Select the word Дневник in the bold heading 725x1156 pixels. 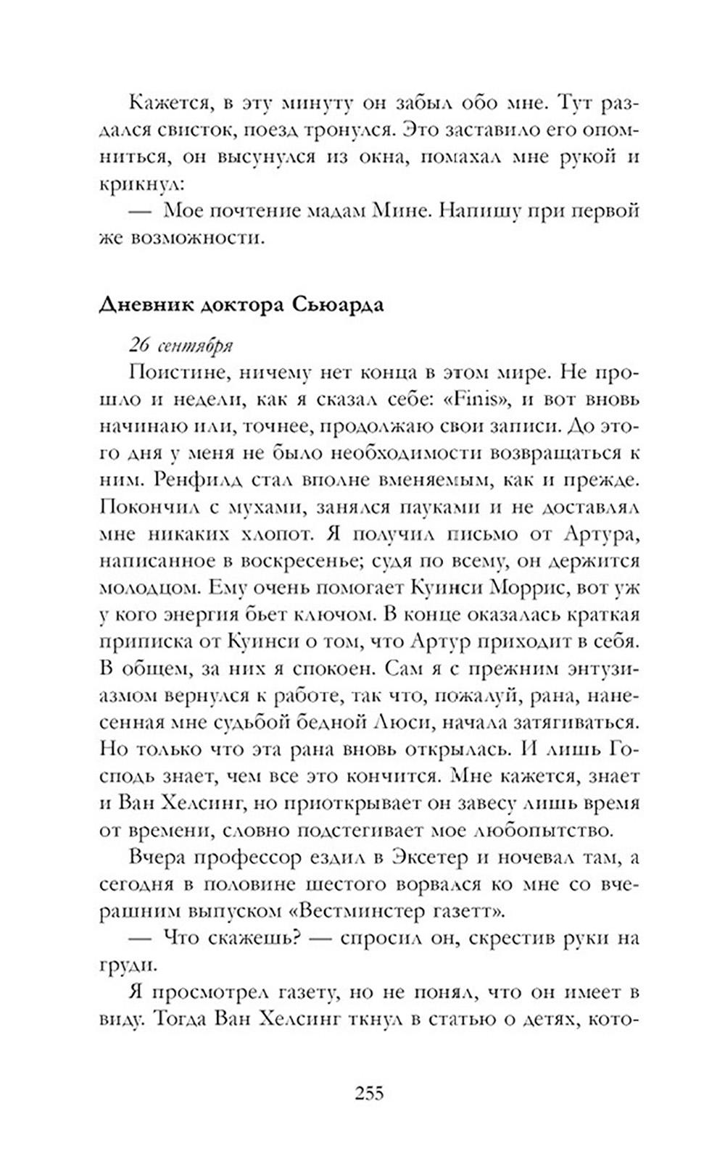click(x=140, y=305)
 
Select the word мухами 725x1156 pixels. click(x=240, y=507)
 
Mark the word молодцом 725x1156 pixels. click(x=146, y=587)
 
